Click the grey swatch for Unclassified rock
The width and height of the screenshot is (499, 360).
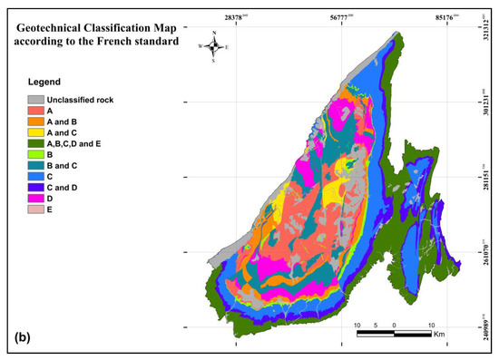click(x=35, y=100)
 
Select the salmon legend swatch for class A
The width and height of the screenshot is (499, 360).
click(x=35, y=111)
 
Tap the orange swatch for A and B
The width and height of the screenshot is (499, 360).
click(x=35, y=122)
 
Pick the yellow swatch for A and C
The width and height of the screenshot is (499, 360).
click(x=35, y=132)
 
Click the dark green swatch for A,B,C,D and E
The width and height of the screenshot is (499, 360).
click(x=35, y=143)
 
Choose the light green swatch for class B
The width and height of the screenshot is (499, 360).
click(x=35, y=154)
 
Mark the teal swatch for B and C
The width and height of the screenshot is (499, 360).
click(x=35, y=165)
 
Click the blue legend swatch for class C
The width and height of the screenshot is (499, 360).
click(x=35, y=176)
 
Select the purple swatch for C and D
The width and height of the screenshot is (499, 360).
click(x=35, y=187)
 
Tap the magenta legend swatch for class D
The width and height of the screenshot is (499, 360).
click(x=35, y=198)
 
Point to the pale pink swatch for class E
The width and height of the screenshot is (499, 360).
click(x=35, y=209)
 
